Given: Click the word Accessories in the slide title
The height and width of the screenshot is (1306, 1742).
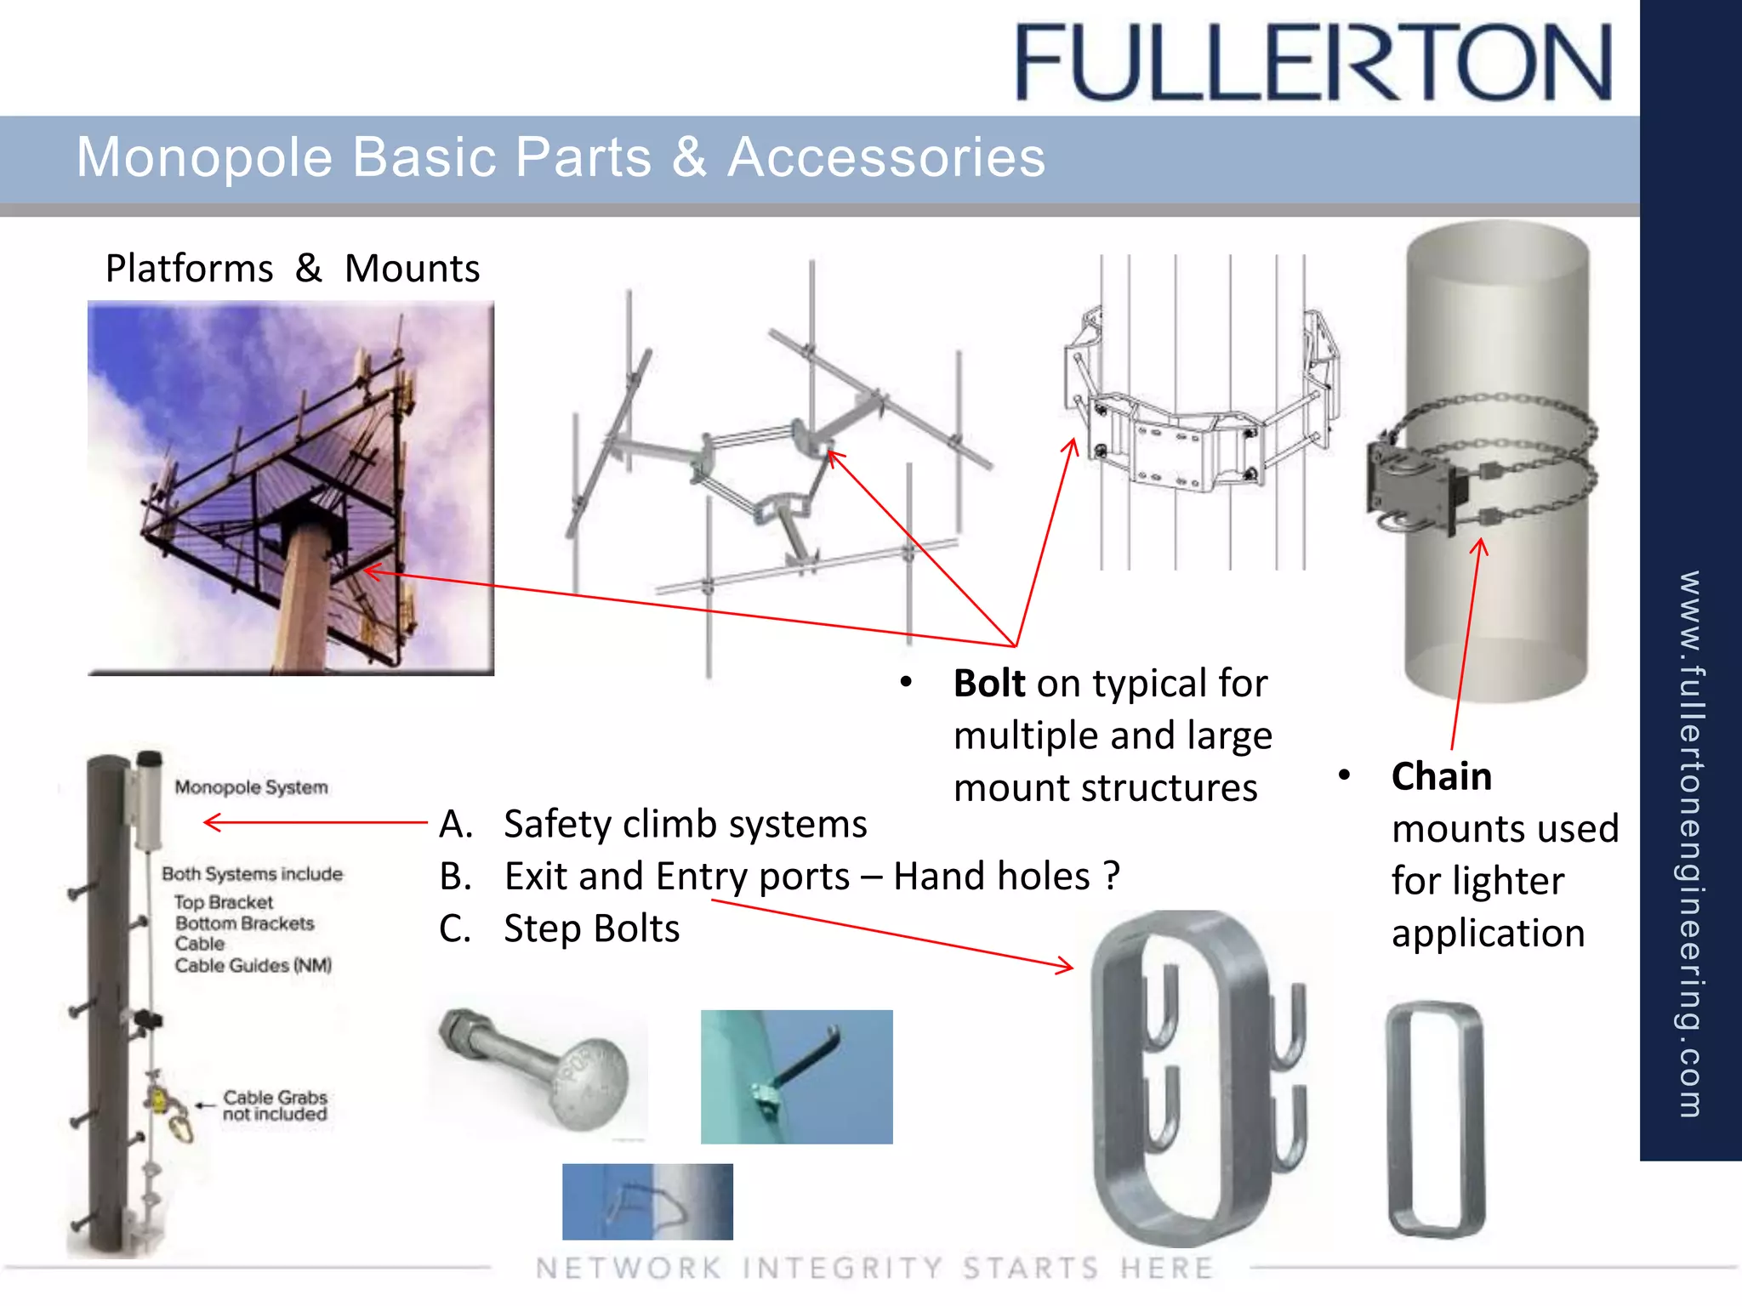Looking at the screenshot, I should pyautogui.click(x=885, y=158).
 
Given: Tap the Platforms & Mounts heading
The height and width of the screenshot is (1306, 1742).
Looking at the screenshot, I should pyautogui.click(x=292, y=269).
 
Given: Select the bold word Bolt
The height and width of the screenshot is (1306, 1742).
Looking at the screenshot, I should pyautogui.click(x=988, y=684).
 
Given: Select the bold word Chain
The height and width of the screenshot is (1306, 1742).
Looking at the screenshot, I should pyautogui.click(x=1441, y=776).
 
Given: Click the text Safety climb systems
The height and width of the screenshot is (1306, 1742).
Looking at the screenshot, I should pyautogui.click(x=685, y=824).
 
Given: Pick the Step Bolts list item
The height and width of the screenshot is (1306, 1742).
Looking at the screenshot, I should pyautogui.click(x=591, y=928).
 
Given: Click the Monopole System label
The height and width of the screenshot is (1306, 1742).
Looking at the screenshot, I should pyautogui.click(x=251, y=787).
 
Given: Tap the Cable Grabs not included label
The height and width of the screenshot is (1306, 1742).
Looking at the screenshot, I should pyautogui.click(x=275, y=1105).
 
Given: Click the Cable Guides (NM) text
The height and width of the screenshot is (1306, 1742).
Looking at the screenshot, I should pyautogui.click(x=253, y=965).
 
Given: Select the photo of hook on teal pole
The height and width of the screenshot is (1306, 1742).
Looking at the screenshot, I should pyautogui.click(x=796, y=1076).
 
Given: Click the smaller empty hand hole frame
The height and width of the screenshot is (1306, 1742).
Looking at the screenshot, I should pyautogui.click(x=1436, y=1118).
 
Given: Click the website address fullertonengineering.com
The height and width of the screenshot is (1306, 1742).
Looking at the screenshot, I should pyautogui.click(x=1690, y=842).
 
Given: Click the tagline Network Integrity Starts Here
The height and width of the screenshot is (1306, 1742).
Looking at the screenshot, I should pyautogui.click(x=874, y=1269).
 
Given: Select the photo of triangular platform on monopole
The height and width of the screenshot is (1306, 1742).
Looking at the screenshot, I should pyautogui.click(x=291, y=488).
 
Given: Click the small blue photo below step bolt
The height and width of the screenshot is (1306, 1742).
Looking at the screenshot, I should pyautogui.click(x=647, y=1201).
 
